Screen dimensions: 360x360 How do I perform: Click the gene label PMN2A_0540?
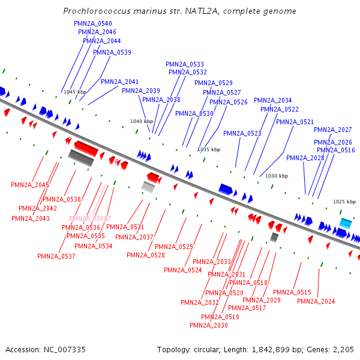click(x=92, y=23)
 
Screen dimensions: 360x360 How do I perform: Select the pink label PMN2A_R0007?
click(x=90, y=218)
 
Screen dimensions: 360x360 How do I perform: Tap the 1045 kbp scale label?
click(x=75, y=92)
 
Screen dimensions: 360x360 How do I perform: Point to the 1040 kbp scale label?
click(x=142, y=121)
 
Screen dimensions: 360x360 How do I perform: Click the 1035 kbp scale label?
click(x=209, y=149)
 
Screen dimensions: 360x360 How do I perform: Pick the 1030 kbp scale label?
click(x=277, y=176)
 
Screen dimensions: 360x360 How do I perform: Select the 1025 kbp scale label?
click(x=344, y=202)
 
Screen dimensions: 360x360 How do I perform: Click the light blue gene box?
click(x=346, y=223)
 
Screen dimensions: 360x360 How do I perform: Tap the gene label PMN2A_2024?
click(x=316, y=301)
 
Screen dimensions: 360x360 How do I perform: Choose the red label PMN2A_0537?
click(x=56, y=256)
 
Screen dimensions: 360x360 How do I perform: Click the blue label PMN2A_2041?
click(x=119, y=82)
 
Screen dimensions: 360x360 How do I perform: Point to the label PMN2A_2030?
click(x=208, y=325)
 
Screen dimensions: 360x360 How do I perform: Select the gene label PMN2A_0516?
click(x=336, y=150)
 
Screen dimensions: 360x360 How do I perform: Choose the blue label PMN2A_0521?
click(x=295, y=122)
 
